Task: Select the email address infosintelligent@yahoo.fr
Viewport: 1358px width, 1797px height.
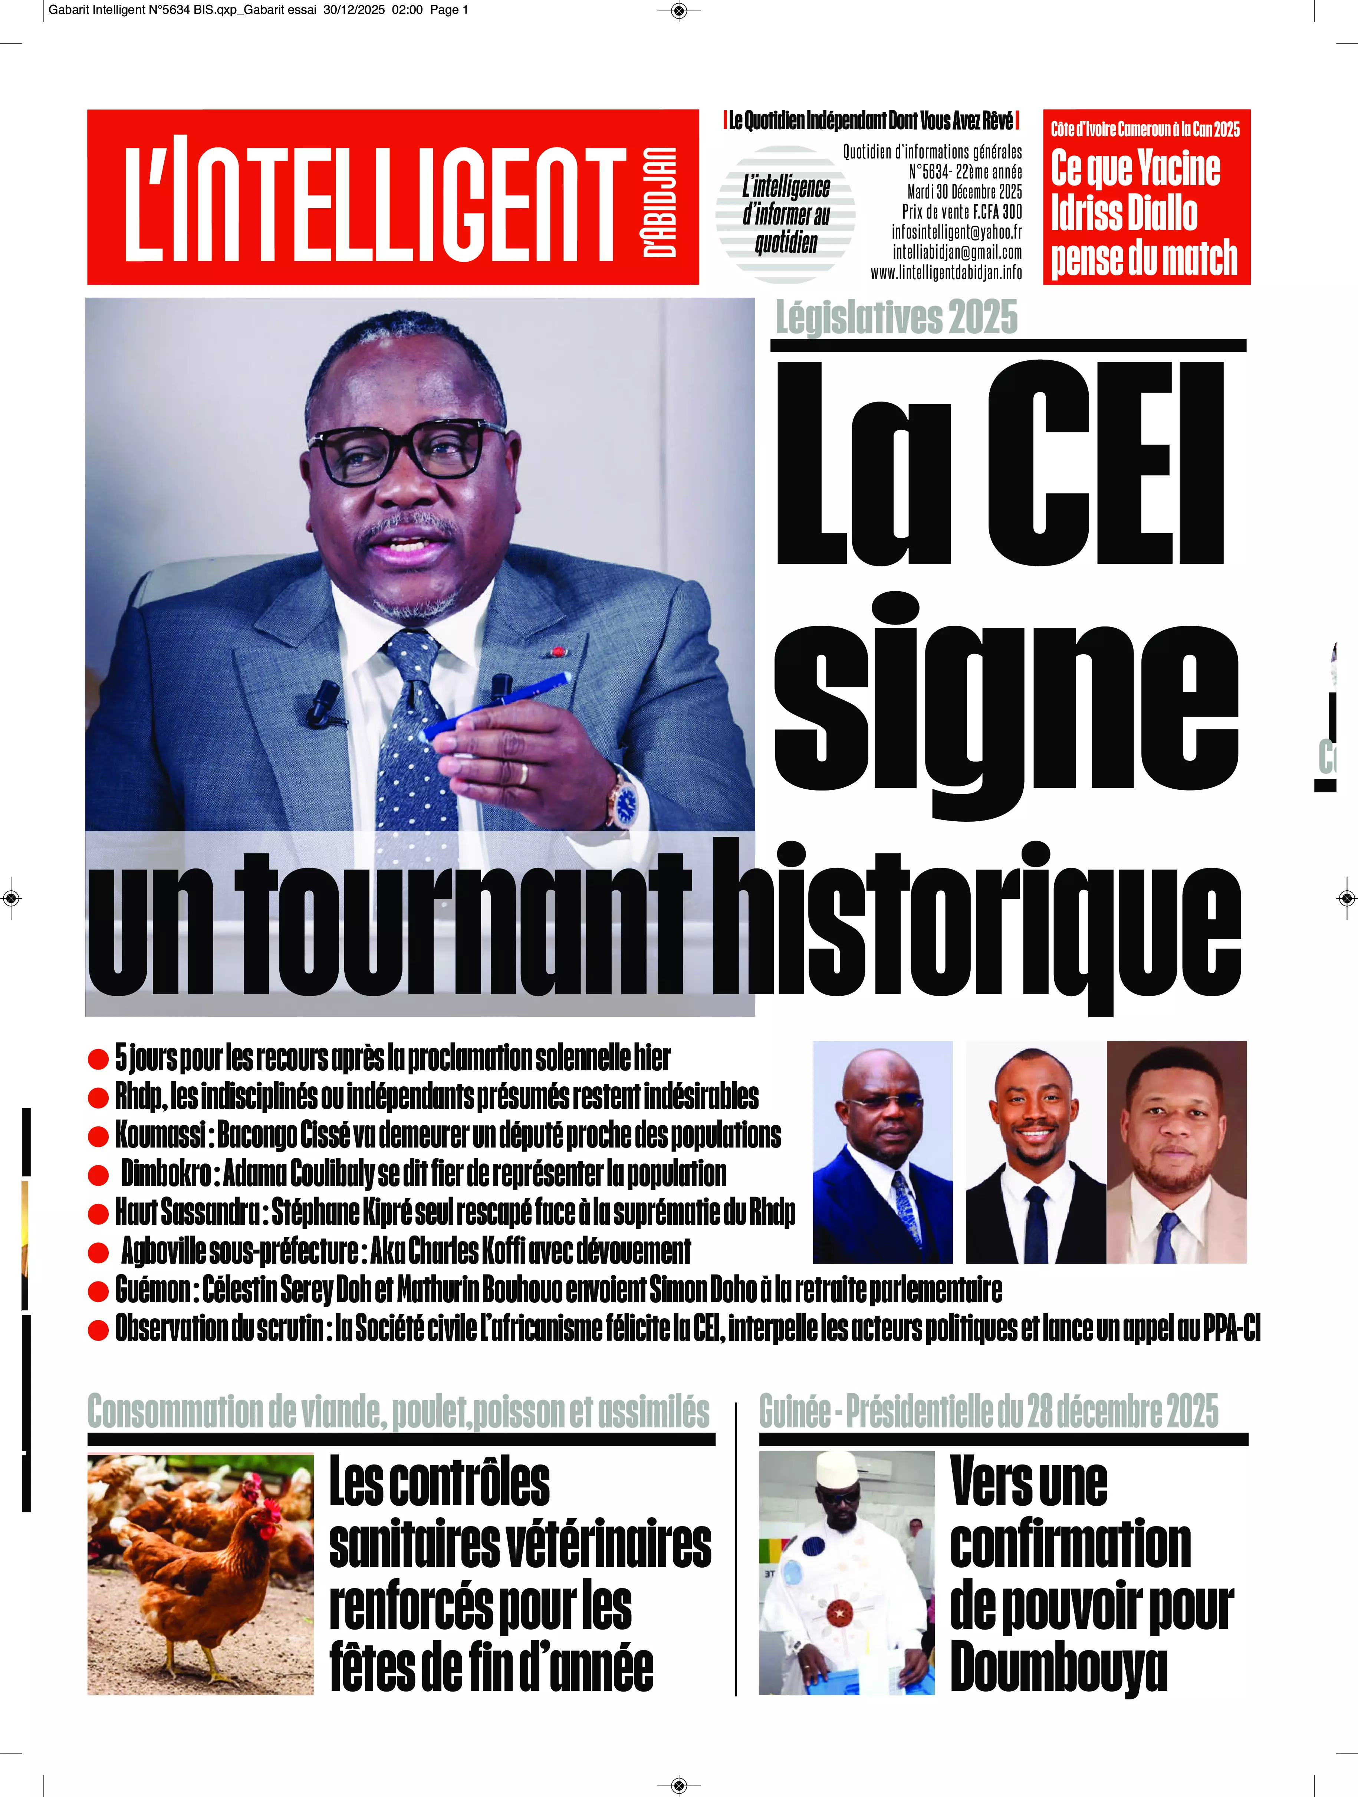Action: click(x=956, y=232)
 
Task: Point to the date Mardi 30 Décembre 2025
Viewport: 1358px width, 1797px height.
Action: click(x=964, y=192)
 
